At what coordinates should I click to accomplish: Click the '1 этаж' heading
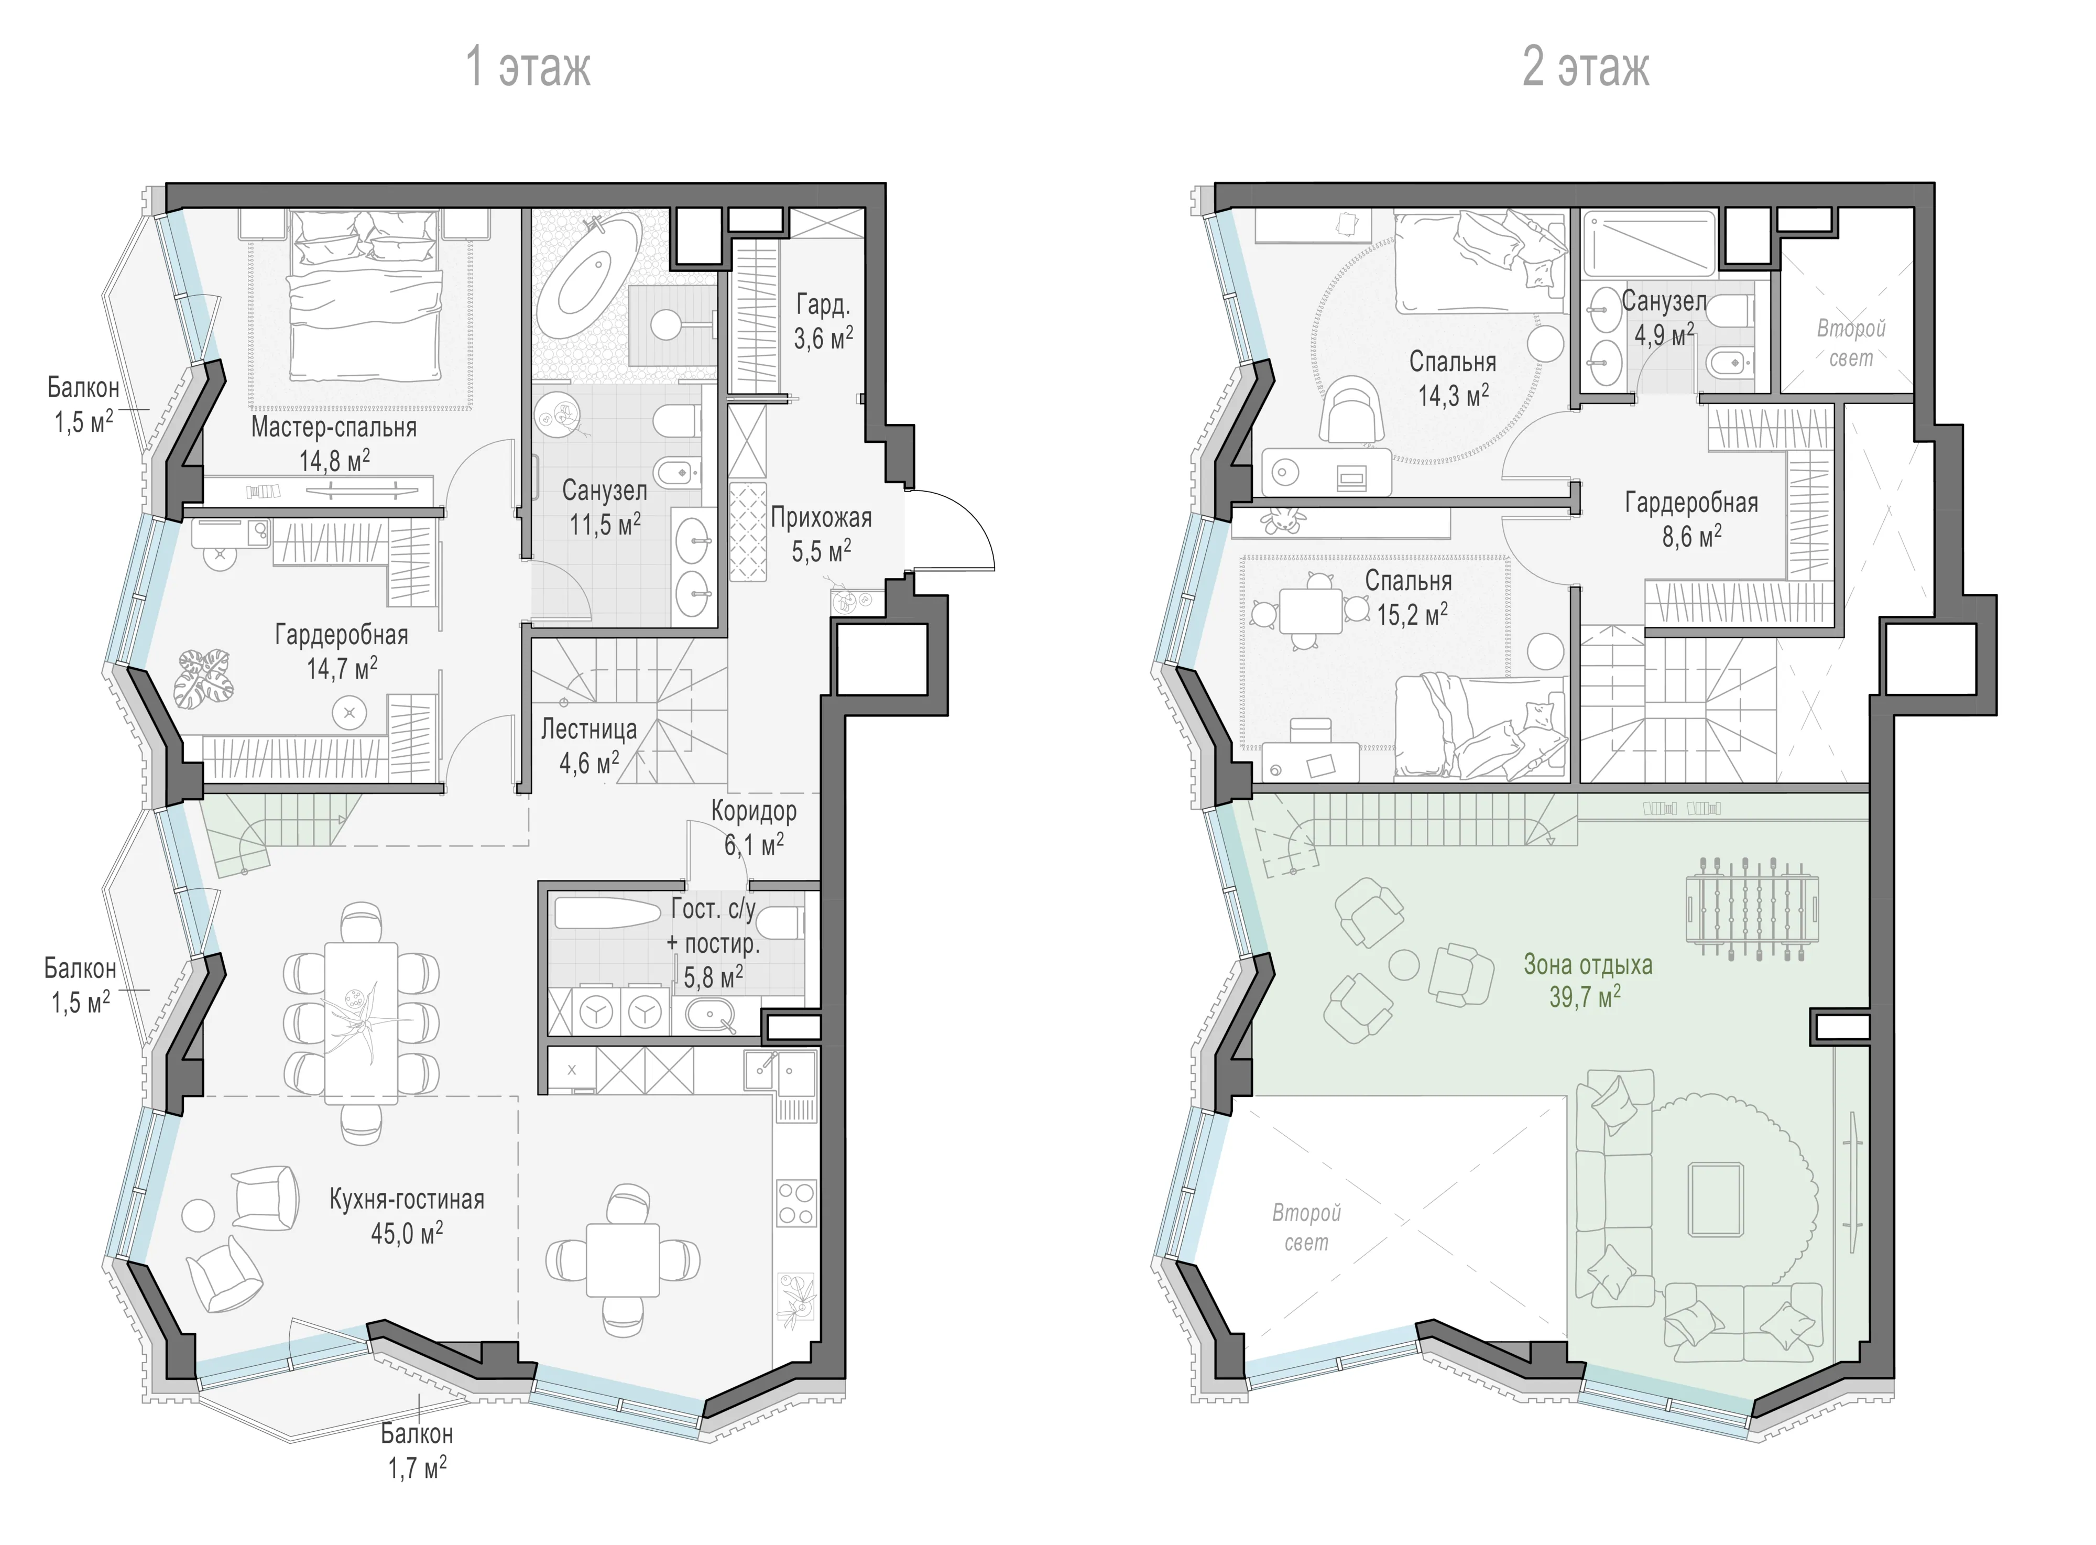(528, 67)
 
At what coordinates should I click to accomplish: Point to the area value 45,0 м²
(407, 1234)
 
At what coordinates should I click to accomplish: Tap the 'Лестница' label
(589, 730)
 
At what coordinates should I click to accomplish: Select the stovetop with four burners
(795, 1204)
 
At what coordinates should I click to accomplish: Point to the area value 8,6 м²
(1691, 537)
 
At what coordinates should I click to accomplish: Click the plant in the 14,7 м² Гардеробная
(204, 678)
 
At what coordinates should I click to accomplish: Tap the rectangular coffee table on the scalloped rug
(1716, 1200)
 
